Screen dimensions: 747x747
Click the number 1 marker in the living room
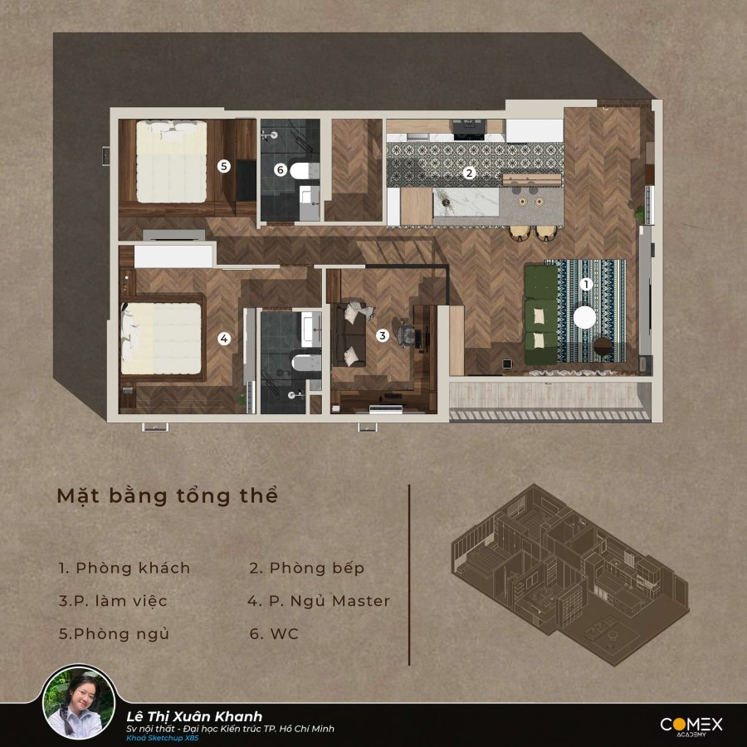(x=586, y=285)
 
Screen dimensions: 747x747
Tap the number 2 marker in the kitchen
(x=469, y=173)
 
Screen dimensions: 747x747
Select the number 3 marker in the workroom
(x=382, y=335)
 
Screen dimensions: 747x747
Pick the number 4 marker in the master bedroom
(x=224, y=339)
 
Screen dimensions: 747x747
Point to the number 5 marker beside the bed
(x=223, y=166)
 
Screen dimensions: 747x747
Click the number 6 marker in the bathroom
(x=281, y=169)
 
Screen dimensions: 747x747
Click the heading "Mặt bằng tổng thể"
(x=167, y=496)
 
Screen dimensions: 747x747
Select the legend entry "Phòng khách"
(x=133, y=568)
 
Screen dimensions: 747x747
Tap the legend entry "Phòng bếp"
(x=317, y=568)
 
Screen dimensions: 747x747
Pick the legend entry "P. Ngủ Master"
(x=330, y=601)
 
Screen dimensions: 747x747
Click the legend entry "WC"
(x=285, y=634)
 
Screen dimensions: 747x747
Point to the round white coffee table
(x=584, y=317)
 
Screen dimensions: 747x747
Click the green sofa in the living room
(x=540, y=315)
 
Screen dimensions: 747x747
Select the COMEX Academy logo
(x=691, y=726)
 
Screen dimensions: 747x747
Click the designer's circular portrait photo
(x=79, y=703)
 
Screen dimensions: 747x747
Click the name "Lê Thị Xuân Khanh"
(x=194, y=716)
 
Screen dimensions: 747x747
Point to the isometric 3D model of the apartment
(x=569, y=574)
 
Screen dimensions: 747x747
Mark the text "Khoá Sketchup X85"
(x=163, y=738)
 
